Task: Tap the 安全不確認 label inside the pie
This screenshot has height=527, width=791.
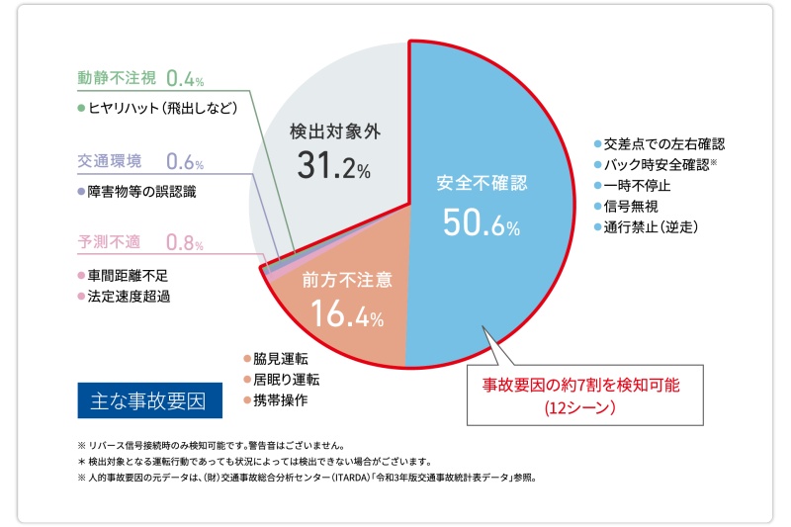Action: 482,184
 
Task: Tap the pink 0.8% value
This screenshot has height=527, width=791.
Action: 185,242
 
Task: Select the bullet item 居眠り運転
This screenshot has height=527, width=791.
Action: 287,380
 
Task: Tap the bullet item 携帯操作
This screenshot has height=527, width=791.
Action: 280,401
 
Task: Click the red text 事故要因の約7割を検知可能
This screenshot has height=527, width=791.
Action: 581,382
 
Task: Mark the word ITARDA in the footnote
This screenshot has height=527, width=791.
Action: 338,477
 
